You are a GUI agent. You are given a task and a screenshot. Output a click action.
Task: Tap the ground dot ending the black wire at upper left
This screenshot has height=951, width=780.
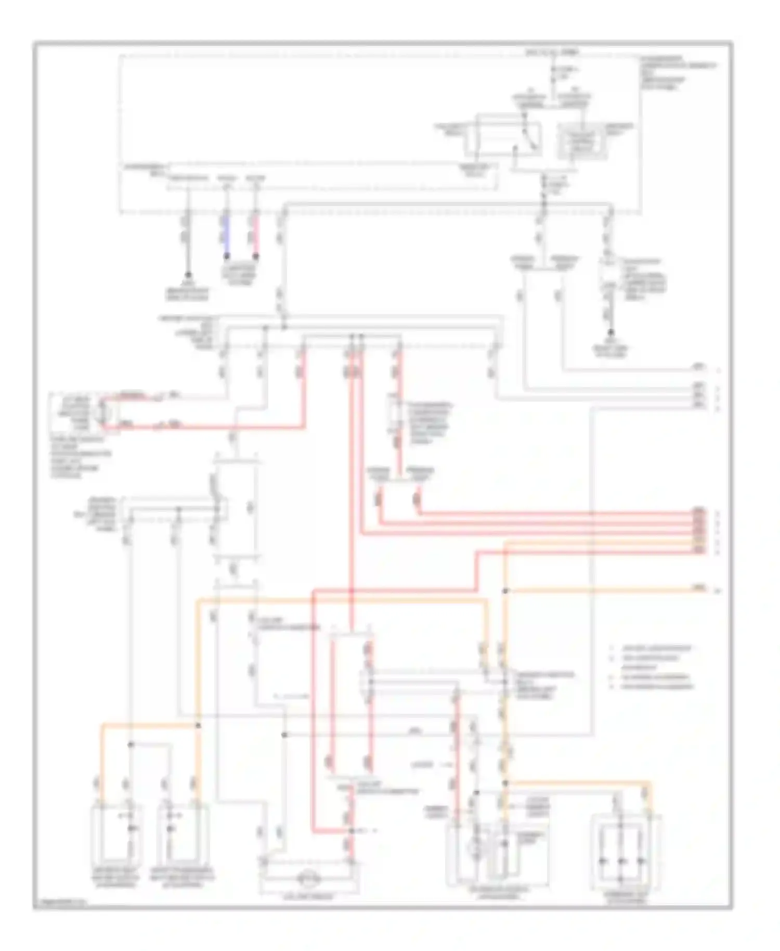click(188, 275)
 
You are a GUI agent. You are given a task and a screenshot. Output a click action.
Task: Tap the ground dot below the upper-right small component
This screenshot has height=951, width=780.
click(611, 332)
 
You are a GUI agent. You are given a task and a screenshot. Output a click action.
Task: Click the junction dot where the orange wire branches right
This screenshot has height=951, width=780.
click(505, 590)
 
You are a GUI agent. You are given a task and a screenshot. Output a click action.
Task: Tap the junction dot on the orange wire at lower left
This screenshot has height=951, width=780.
click(198, 725)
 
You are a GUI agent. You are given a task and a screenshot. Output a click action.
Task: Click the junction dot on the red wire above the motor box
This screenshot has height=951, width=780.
click(352, 831)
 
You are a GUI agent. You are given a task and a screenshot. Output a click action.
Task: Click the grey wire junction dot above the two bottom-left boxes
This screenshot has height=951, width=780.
click(131, 744)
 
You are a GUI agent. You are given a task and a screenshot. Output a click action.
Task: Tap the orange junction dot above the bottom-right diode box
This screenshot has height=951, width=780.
click(505, 783)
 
